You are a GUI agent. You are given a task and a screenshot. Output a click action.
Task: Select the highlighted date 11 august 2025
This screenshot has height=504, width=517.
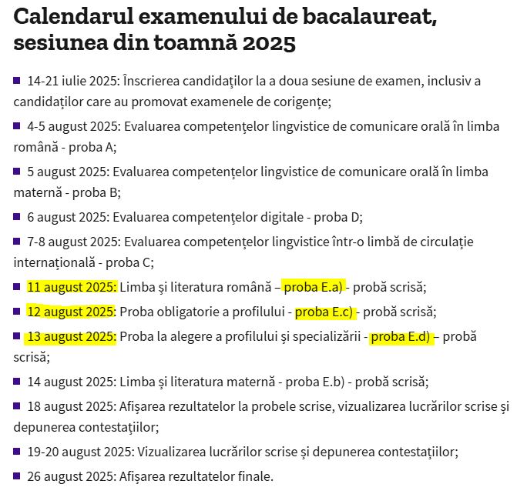[71, 287]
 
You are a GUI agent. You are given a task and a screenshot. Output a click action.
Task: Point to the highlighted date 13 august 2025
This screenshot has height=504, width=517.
[71, 336]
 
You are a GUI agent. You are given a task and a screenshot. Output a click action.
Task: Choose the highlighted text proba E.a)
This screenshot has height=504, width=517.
[314, 287]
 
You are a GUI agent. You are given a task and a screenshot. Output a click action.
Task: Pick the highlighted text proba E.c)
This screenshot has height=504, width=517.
[324, 312]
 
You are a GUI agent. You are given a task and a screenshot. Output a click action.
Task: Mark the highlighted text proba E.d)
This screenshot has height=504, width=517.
[401, 336]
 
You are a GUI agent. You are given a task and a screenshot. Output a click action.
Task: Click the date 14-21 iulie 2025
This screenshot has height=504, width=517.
[70, 81]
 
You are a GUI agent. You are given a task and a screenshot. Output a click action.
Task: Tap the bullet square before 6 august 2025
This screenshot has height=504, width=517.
[17, 216]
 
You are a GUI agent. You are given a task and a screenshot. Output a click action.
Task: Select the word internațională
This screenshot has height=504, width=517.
[52, 262]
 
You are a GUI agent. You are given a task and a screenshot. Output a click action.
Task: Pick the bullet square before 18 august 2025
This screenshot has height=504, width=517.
[17, 406]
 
